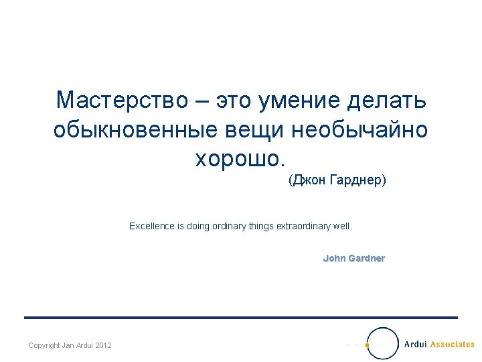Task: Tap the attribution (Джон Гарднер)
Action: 337,181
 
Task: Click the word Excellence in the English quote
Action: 152,227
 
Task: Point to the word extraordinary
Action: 303,227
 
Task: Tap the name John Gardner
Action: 353,258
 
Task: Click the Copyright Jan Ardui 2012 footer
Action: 70,345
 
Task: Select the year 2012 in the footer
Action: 103,345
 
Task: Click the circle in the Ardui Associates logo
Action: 383,343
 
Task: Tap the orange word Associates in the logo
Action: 452,345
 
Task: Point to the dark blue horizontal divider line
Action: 241,318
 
